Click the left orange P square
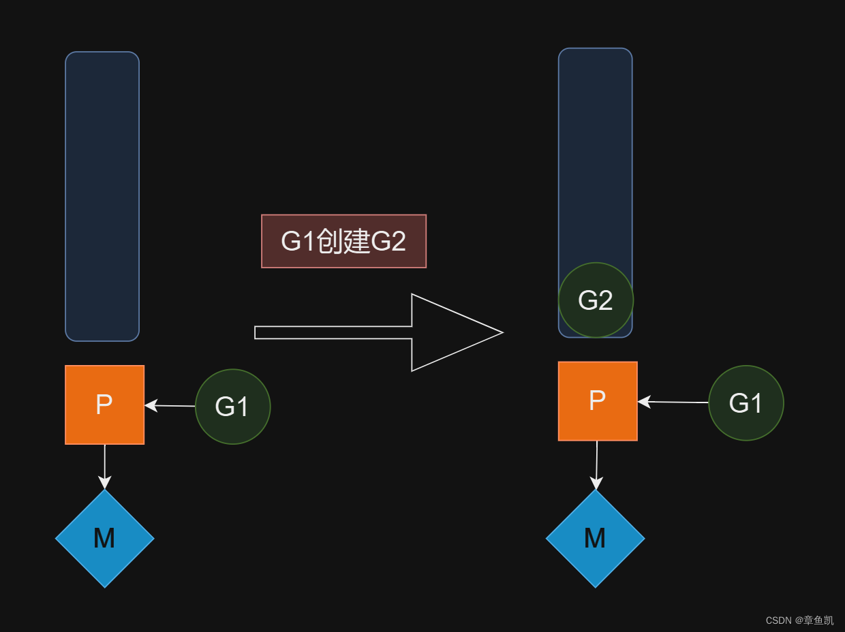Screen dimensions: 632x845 pos(104,405)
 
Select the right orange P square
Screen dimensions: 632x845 pos(598,401)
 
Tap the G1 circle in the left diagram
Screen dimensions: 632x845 pos(232,407)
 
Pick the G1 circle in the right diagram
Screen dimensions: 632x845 pos(746,403)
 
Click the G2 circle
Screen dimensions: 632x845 pos(596,300)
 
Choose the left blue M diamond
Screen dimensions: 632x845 pos(104,539)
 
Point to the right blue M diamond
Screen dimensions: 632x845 pos(595,539)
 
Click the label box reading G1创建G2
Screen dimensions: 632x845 pos(343,241)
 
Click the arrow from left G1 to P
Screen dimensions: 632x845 pos(170,406)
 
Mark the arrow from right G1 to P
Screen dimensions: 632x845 pos(673,402)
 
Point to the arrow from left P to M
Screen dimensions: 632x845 pos(104,467)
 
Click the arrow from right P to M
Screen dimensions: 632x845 pos(596,464)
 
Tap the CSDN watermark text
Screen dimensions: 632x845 pos(799,620)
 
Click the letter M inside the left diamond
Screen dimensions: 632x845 pos(104,539)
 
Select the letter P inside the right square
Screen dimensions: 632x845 pos(597,400)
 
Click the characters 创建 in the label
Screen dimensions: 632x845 pos(343,242)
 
